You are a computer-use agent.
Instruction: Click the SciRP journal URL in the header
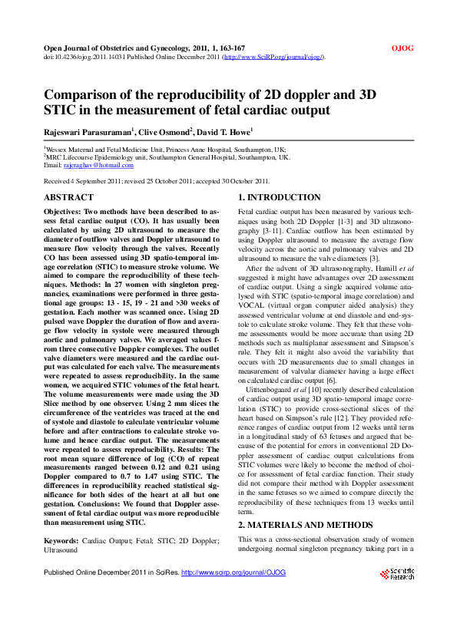pyautogui.click(x=273, y=57)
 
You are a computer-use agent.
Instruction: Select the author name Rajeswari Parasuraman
pyautogui.click(x=87, y=131)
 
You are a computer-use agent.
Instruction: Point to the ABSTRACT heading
pyautogui.click(x=69, y=198)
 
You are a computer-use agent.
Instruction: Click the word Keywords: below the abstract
pyautogui.click(x=61, y=540)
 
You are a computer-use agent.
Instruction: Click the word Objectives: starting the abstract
pyautogui.click(x=68, y=209)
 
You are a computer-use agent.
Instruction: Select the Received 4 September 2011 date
pyautogui.click(x=85, y=181)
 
